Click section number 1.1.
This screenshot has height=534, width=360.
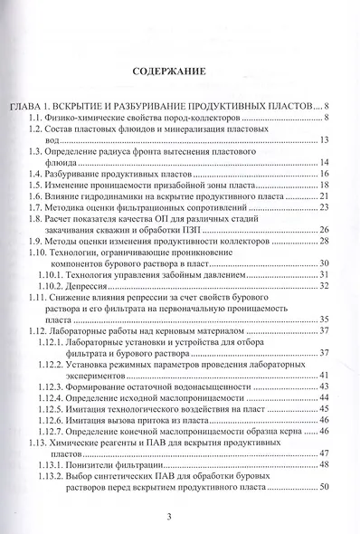click(36, 119)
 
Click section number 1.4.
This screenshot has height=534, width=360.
click(36, 173)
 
